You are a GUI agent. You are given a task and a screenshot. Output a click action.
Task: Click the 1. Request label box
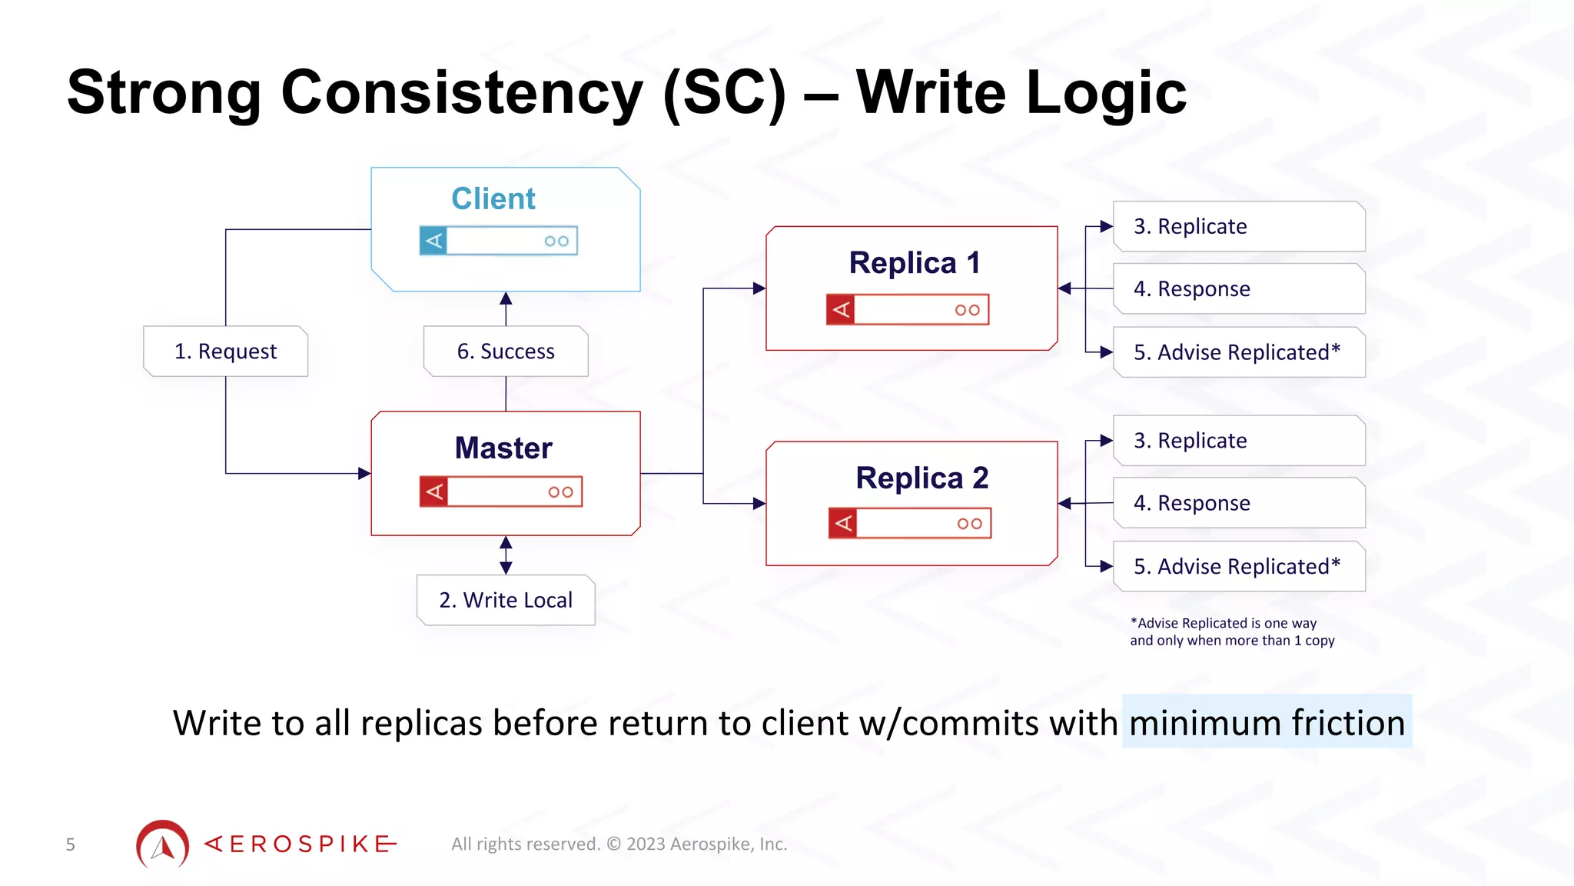tap(225, 351)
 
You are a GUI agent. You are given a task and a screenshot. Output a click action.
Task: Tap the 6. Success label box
tap(506, 351)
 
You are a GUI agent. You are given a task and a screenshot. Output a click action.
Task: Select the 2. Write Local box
tap(506, 600)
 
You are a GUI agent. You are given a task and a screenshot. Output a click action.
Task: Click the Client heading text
tap(493, 198)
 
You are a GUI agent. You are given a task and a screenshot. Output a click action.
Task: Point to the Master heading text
tap(503, 448)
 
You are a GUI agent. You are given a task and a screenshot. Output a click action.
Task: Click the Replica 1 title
tap(914, 263)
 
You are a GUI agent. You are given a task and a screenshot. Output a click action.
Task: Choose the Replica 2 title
tap(921, 478)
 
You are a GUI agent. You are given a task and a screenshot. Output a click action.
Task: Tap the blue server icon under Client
tap(498, 241)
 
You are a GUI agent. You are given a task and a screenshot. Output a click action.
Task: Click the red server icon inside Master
tap(501, 491)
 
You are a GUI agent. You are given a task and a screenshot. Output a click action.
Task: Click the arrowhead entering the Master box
tap(364, 473)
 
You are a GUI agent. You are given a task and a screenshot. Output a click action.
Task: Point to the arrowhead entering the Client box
tap(506, 298)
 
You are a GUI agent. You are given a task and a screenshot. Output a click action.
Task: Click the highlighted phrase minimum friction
tap(1267, 723)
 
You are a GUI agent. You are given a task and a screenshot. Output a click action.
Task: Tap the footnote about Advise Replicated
tap(1231, 631)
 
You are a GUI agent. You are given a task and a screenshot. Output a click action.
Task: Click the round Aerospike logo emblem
tap(163, 844)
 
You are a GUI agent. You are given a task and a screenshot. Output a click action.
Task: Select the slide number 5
tap(70, 844)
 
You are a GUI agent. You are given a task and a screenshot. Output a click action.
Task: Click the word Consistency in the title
tap(461, 93)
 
